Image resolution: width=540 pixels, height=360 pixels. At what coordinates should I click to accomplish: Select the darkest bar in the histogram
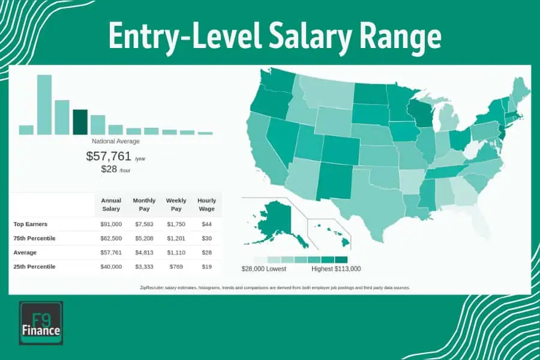pos(80,122)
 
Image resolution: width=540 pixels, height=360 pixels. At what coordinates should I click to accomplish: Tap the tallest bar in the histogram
pos(44,104)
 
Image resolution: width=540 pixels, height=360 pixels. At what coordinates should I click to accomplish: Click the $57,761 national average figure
pos(109,157)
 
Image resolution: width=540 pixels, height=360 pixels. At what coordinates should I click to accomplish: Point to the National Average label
pos(116,142)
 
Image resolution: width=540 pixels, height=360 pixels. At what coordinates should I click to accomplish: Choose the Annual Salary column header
pos(111,205)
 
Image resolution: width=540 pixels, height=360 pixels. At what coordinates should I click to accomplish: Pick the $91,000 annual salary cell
pos(111,224)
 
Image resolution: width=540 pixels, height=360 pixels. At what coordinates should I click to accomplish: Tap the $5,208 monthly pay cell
pos(144,238)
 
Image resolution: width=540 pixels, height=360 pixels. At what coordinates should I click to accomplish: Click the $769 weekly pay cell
pos(176,267)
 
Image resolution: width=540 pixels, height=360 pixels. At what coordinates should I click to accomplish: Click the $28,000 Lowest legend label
pos(265,269)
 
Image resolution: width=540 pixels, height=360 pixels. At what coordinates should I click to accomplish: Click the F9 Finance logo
pos(41,323)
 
